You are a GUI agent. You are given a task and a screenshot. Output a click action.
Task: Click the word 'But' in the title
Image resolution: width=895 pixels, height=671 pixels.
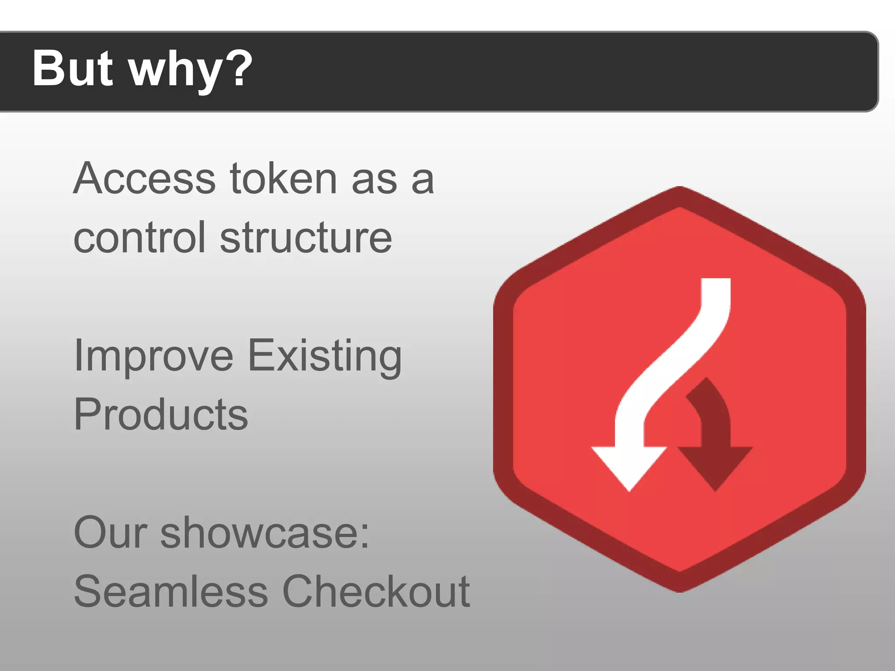73,69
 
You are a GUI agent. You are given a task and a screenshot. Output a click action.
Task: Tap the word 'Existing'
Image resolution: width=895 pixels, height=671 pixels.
325,356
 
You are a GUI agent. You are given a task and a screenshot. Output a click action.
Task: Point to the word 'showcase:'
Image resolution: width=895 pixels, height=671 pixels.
265,533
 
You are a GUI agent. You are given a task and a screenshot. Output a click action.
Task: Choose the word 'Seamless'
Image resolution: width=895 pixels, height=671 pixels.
171,591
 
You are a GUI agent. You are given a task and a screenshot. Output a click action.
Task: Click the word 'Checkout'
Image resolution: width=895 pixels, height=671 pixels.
376,591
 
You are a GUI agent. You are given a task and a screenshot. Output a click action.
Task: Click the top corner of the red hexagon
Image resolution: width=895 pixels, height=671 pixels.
680,189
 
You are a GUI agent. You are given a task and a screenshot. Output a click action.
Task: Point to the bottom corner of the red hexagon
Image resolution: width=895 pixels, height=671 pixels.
680,590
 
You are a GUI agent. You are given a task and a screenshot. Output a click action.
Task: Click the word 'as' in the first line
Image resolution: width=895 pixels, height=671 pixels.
375,179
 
